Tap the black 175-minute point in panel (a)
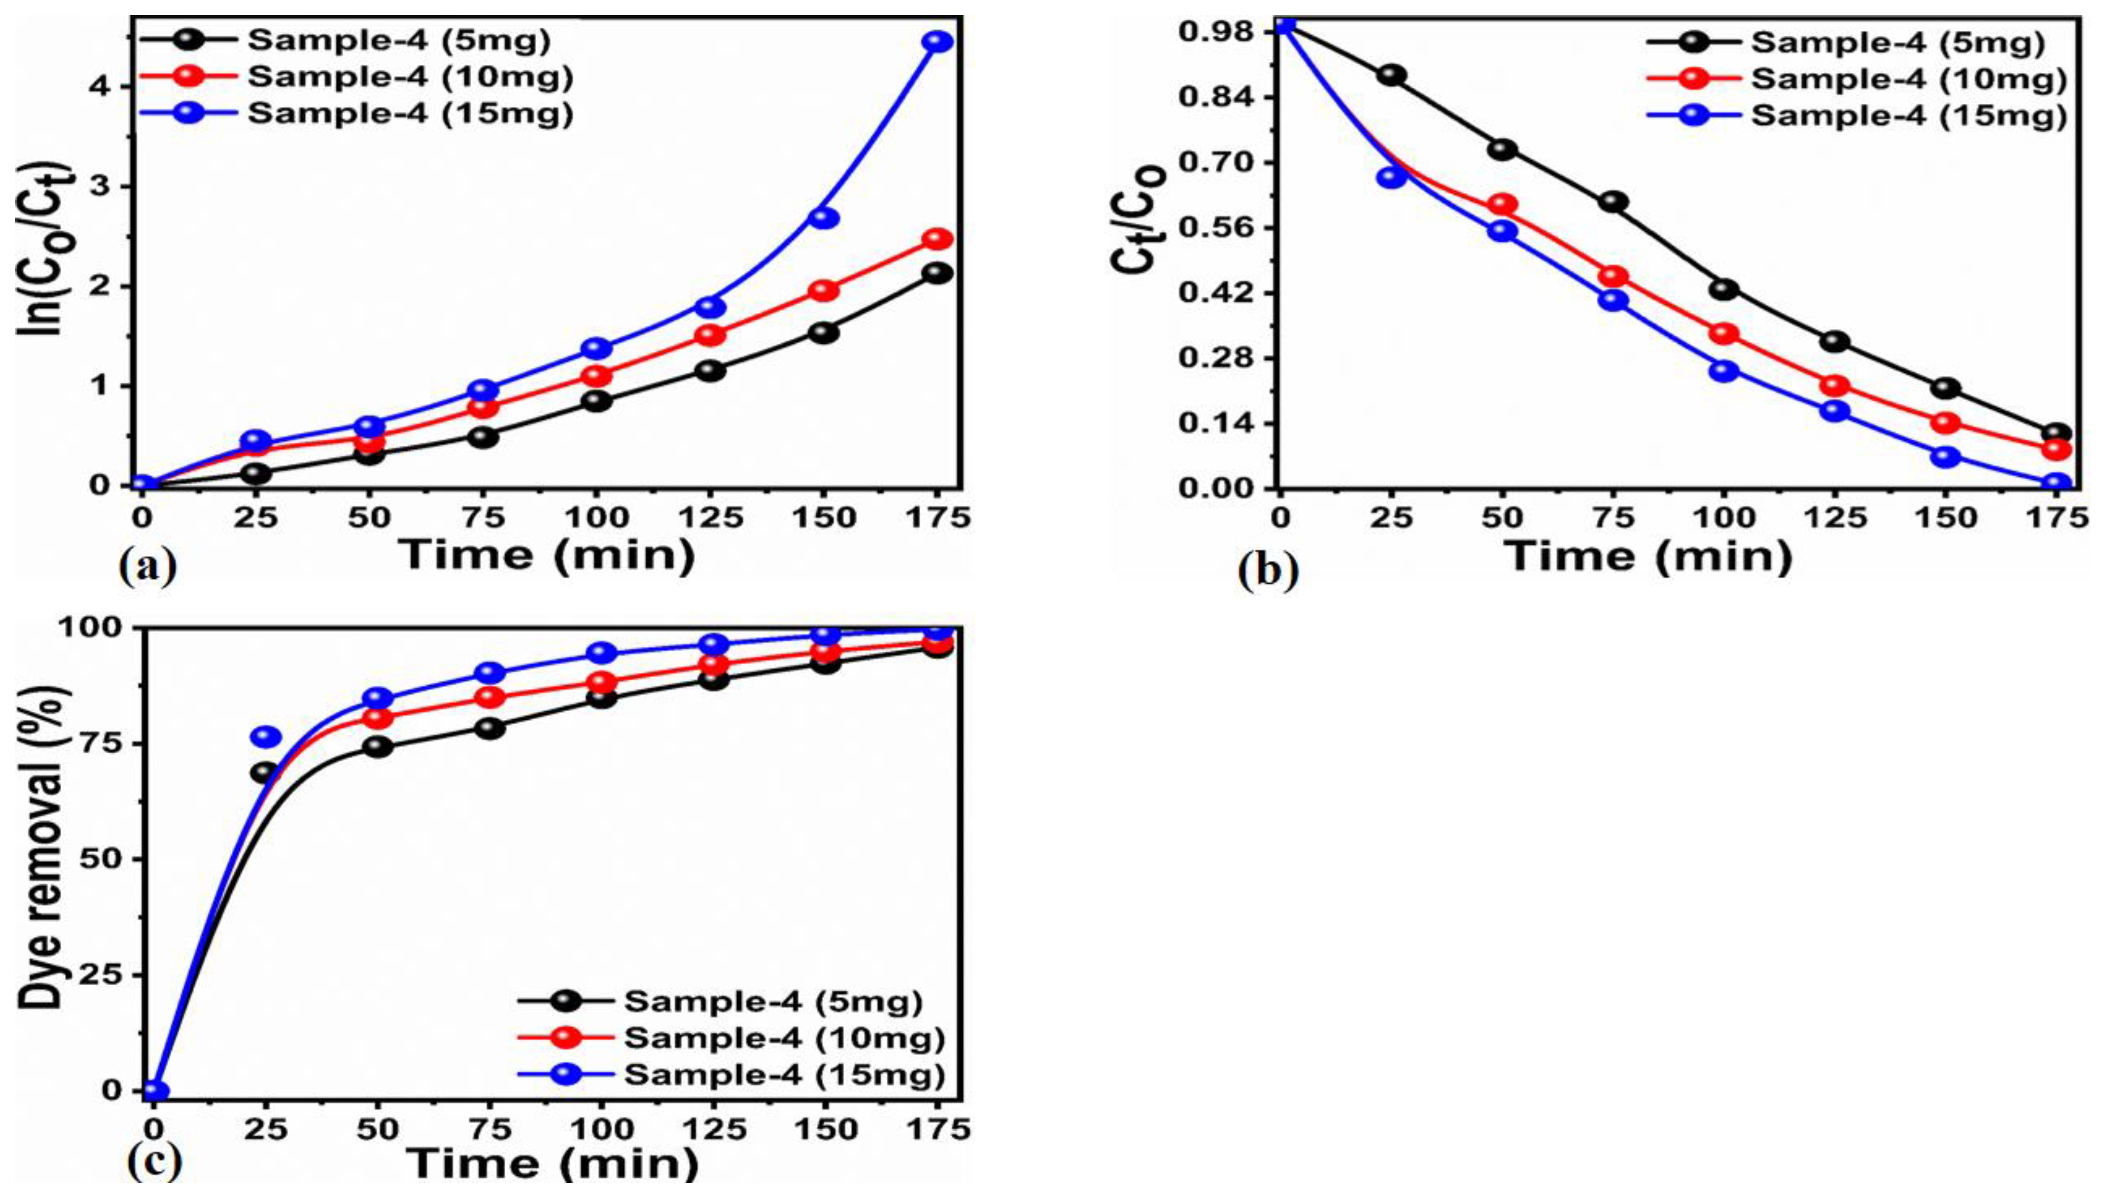(x=937, y=272)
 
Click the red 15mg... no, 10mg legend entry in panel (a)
(x=408, y=77)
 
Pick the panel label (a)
(x=147, y=566)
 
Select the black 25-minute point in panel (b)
(x=1391, y=75)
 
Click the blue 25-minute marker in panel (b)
(x=1391, y=177)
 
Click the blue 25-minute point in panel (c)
(x=265, y=736)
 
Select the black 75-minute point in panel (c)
(x=490, y=728)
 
